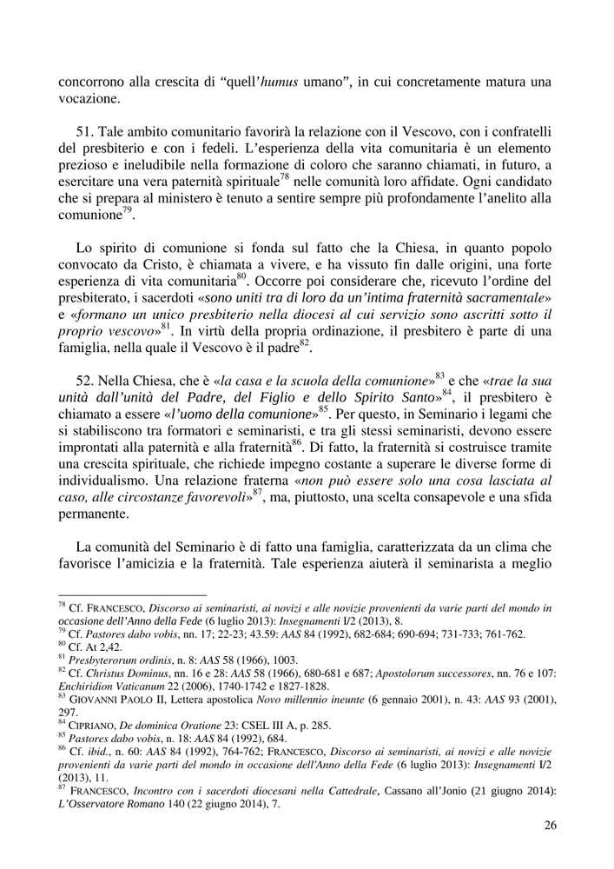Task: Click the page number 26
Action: [550, 826]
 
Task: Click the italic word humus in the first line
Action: [280, 83]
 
